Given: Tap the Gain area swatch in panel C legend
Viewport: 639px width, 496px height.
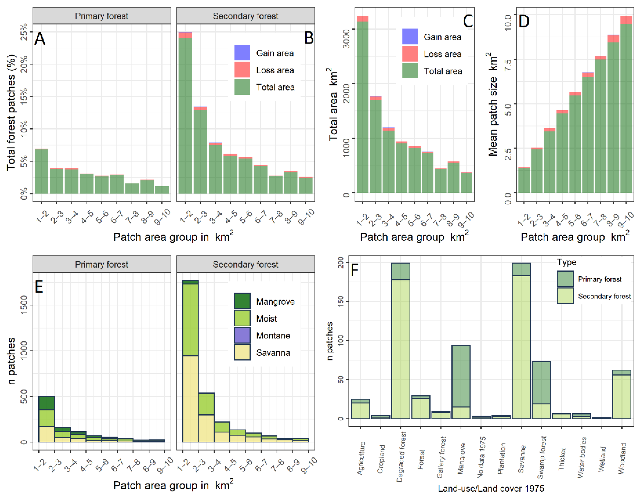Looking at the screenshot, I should click(410, 37).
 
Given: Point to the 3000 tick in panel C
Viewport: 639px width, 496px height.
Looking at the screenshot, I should click(346, 38).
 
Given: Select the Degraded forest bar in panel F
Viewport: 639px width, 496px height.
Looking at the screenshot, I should click(401, 341).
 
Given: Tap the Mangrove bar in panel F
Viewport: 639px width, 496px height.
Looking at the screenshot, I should click(461, 382).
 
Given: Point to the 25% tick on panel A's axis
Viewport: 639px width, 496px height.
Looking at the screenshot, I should click(24, 32).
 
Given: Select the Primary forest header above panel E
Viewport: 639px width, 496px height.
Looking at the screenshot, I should click(102, 264).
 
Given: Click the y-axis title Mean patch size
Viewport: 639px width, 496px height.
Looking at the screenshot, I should click(493, 104).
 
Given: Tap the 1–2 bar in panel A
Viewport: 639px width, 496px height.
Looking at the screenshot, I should click(41, 171).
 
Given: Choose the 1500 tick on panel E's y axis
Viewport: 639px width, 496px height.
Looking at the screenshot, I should click(24, 305).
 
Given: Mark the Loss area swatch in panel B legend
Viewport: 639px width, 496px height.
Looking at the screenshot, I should click(242, 70).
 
